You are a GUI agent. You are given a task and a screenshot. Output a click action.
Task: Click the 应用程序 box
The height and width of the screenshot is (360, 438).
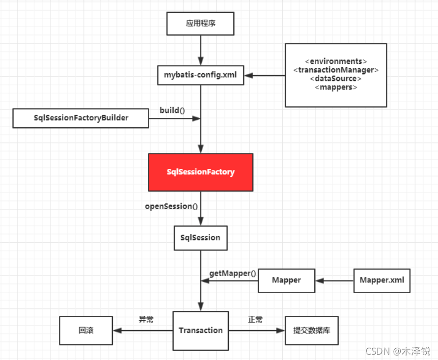[200, 24]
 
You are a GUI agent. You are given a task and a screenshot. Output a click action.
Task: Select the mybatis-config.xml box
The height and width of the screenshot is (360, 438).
[200, 75]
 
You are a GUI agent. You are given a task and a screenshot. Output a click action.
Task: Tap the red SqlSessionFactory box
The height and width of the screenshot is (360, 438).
[200, 172]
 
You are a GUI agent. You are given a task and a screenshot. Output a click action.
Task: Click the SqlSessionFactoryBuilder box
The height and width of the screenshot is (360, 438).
[81, 118]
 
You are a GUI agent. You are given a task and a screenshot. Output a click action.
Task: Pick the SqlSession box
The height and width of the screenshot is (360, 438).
[200, 238]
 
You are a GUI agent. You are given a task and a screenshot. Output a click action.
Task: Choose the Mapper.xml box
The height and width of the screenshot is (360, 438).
[382, 280]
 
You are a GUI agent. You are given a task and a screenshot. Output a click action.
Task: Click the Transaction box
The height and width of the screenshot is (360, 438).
[200, 331]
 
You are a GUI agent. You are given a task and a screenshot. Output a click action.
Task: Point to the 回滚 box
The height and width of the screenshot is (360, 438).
[86, 331]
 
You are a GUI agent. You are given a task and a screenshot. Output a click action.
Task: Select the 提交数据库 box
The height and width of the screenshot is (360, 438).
[312, 331]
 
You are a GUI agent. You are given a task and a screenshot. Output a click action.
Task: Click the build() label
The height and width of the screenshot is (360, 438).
[172, 110]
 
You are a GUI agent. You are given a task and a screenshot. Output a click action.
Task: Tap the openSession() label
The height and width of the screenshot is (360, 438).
[171, 206]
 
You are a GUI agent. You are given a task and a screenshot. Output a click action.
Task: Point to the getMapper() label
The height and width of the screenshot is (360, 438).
[233, 274]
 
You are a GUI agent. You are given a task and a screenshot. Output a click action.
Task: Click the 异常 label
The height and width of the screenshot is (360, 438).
[146, 320]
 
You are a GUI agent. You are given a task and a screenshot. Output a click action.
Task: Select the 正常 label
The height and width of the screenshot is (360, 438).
[255, 320]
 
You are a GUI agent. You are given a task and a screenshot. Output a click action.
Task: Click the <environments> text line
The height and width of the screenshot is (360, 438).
[336, 61]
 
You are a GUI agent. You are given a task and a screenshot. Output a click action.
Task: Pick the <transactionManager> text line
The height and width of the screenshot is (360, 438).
[336, 70]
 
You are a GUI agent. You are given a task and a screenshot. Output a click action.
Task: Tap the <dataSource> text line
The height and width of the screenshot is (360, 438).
[336, 79]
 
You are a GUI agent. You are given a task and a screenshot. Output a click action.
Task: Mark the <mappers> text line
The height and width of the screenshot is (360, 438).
[336, 87]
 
